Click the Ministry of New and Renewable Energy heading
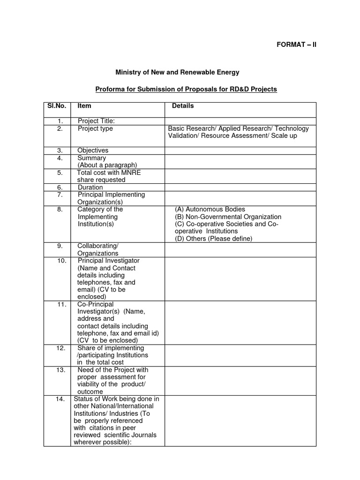click(177, 72)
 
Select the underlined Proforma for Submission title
click(186, 89)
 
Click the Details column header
click(183, 106)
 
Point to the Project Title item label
click(96, 121)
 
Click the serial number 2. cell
click(60, 128)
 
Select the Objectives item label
click(93, 150)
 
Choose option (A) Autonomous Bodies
click(210, 210)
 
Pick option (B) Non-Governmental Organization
click(228, 217)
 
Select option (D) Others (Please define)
click(213, 239)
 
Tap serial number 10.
click(62, 261)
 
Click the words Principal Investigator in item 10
click(108, 261)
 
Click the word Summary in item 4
click(92, 158)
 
